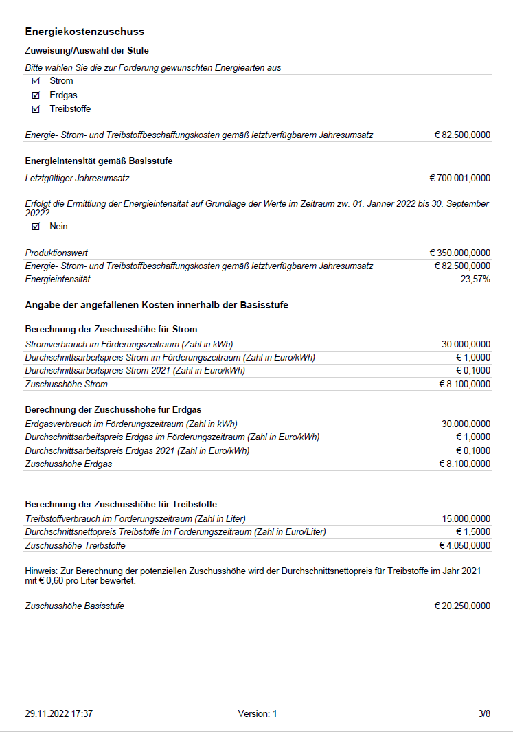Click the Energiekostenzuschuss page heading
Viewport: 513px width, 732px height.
pyautogui.click(x=84, y=32)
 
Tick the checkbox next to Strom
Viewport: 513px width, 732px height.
pyautogui.click(x=36, y=81)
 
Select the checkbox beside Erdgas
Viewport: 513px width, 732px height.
pyautogui.click(x=36, y=95)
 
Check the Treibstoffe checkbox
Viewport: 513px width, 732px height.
pyautogui.click(x=36, y=109)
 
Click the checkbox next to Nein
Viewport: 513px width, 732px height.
pyautogui.click(x=36, y=227)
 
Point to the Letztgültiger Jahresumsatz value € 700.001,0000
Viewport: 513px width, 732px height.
pyautogui.click(x=460, y=179)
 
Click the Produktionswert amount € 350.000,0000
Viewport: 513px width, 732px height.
pyautogui.click(x=460, y=253)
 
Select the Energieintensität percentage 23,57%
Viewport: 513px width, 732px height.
pyautogui.click(x=475, y=279)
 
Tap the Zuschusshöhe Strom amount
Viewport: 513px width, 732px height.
pyautogui.click(x=465, y=385)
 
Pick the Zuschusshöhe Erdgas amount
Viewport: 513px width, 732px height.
pyautogui.click(x=465, y=464)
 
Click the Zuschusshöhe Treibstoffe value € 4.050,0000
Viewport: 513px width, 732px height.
pyautogui.click(x=465, y=546)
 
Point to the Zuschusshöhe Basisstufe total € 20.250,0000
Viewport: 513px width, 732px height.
pyautogui.click(x=462, y=606)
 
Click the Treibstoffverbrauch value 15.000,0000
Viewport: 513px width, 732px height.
pyautogui.click(x=467, y=519)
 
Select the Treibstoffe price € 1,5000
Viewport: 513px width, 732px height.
pyautogui.click(x=473, y=532)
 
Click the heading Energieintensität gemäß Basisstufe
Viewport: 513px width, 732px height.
pyautogui.click(x=99, y=161)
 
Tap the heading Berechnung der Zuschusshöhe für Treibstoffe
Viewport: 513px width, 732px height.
pyautogui.click(x=121, y=505)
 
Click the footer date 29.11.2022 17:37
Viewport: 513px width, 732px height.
pyautogui.click(x=58, y=714)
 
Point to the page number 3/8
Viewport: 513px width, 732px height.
pyautogui.click(x=484, y=714)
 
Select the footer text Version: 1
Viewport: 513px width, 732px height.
pyautogui.click(x=258, y=714)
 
